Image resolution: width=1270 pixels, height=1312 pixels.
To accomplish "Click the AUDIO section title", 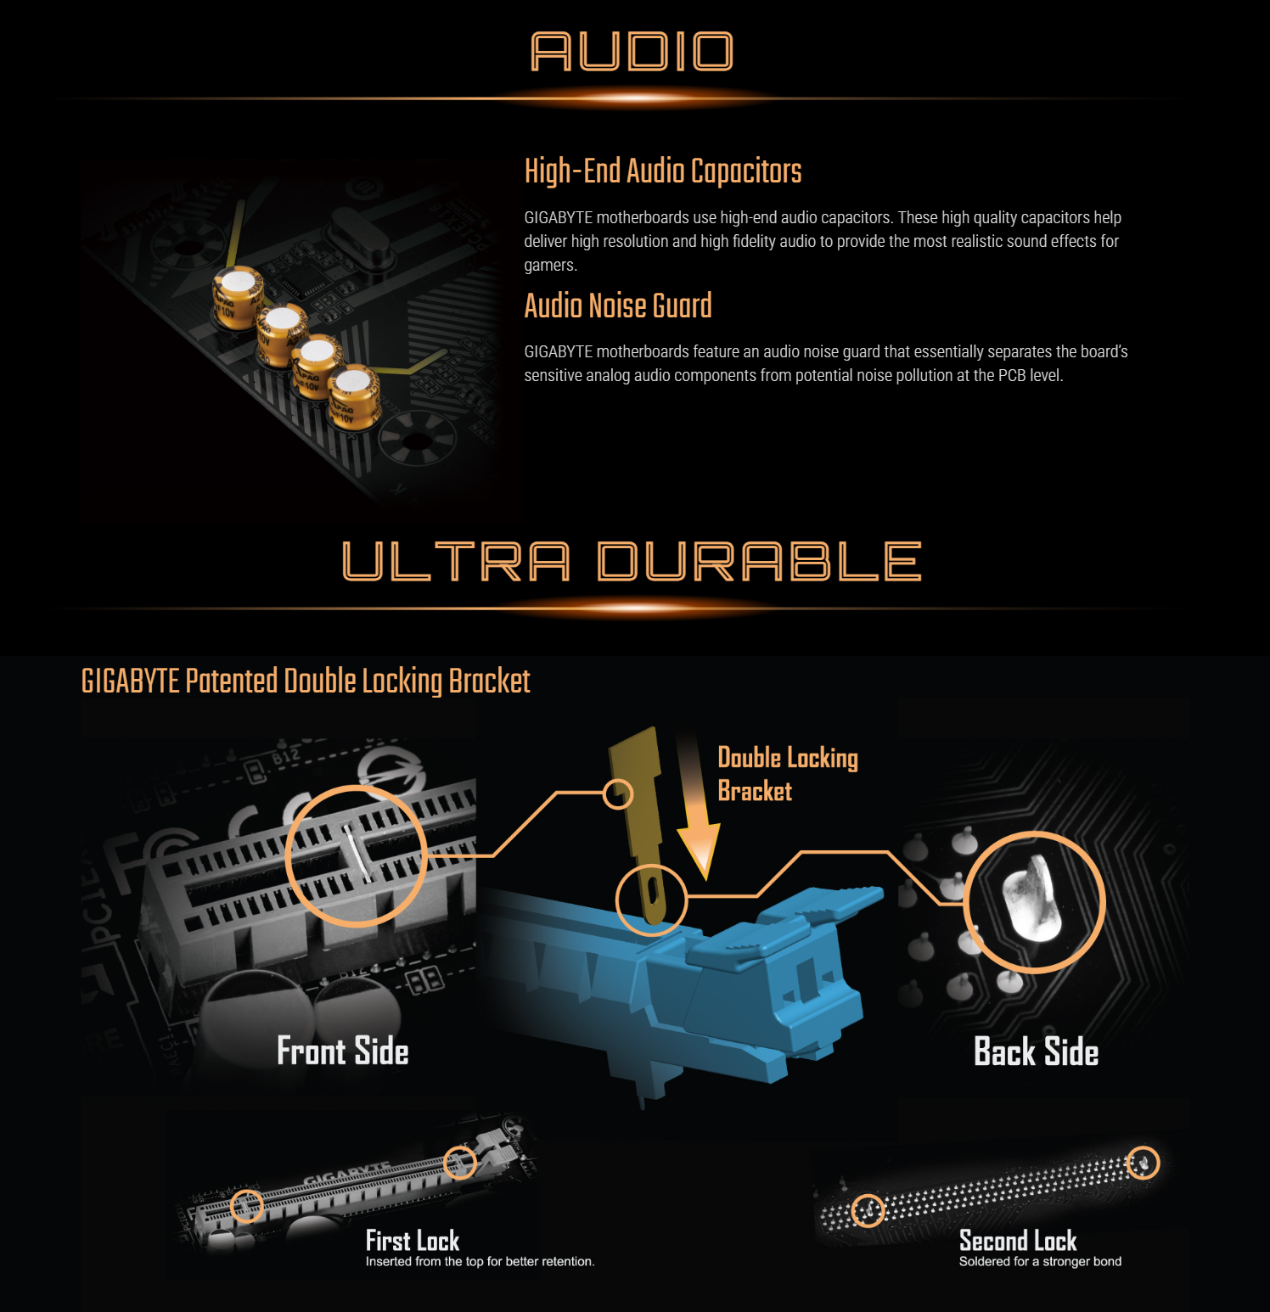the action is click(632, 52).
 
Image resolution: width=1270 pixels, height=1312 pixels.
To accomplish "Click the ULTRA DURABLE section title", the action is click(632, 562).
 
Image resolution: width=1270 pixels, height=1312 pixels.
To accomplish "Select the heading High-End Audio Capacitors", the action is click(663, 171).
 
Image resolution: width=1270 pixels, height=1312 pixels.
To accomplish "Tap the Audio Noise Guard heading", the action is click(618, 306).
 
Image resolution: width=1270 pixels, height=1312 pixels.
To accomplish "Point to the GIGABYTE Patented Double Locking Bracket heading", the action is click(306, 681).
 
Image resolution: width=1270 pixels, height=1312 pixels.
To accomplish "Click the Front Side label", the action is click(343, 1051).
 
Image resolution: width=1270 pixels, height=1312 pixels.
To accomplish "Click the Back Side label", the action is click(1037, 1051).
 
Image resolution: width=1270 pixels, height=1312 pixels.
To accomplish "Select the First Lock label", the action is click(413, 1241).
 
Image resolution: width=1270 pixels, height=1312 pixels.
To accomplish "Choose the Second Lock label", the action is click(1018, 1241).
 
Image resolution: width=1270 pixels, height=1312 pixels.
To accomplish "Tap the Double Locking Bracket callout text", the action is click(788, 774).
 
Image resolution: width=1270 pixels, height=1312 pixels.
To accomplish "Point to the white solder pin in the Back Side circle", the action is click(1031, 900).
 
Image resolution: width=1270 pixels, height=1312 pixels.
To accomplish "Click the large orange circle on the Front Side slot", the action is click(287, 855).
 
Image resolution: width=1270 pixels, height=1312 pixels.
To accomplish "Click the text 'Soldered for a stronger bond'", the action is click(1040, 1262).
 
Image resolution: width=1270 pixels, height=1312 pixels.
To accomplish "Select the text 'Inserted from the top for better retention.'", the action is click(480, 1262).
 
